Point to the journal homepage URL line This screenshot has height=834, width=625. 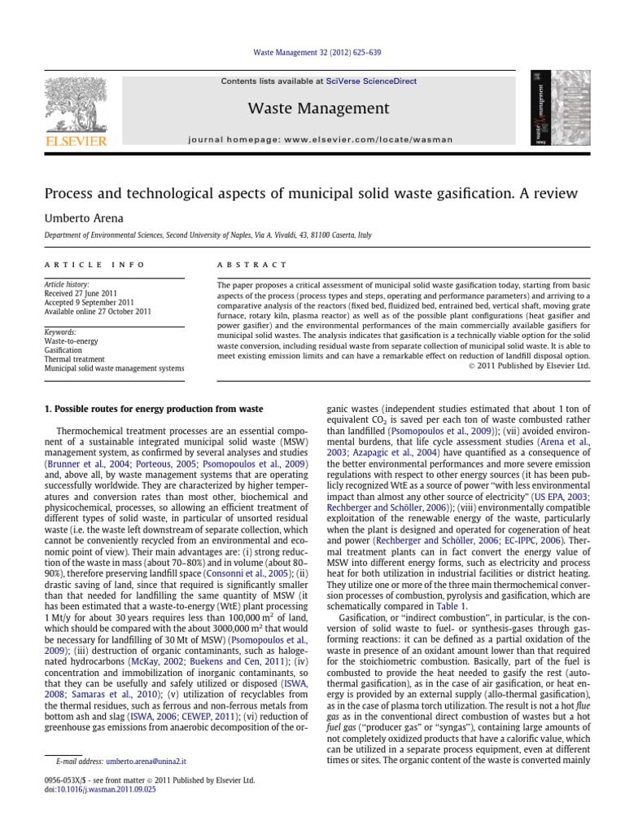coord(320,140)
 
